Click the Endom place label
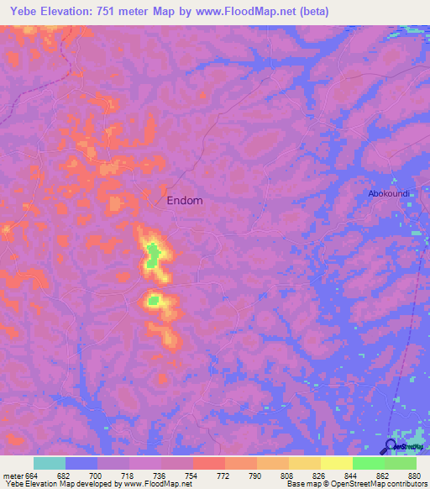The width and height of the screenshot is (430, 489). tap(185, 201)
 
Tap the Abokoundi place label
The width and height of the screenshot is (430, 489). tap(389, 193)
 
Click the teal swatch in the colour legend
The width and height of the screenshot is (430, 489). tap(50, 464)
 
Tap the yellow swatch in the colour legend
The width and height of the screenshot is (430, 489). tap(337, 464)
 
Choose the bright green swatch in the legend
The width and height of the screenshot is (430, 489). tap(369, 464)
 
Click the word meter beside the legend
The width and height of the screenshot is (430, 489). tap(12, 476)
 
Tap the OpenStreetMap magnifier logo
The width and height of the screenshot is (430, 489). tap(391, 446)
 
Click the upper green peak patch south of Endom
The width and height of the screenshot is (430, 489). tap(152, 255)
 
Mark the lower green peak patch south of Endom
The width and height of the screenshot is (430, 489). tap(154, 299)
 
